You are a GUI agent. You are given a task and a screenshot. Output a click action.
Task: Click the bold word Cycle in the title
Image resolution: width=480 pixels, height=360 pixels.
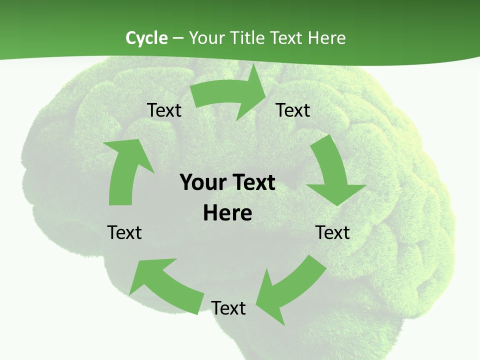click(x=146, y=38)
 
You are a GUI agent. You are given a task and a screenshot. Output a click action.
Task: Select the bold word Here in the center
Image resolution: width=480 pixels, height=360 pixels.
click(x=227, y=213)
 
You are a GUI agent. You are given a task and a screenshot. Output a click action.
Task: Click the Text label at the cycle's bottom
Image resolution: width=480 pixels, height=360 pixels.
click(x=228, y=308)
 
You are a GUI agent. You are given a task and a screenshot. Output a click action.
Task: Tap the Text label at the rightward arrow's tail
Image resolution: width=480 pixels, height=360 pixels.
click(x=164, y=110)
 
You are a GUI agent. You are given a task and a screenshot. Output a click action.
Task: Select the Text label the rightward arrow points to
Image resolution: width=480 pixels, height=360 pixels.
click(x=293, y=110)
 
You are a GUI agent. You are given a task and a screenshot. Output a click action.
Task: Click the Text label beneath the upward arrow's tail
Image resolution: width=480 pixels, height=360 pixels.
click(x=124, y=232)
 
